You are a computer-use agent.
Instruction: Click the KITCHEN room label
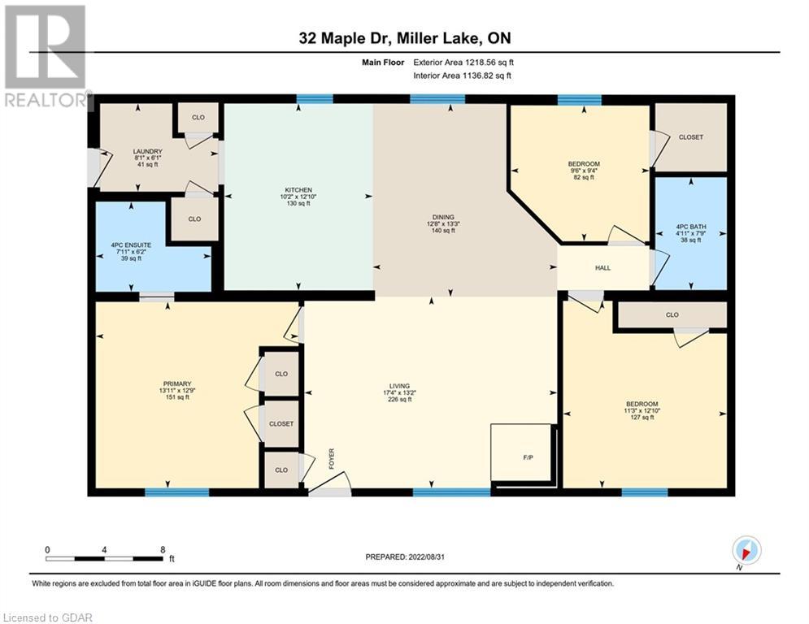coord(298,190)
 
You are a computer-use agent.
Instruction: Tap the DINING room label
coord(443,217)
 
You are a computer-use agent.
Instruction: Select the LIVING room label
coord(399,386)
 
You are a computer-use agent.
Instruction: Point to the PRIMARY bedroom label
coord(177,383)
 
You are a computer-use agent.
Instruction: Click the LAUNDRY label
coord(147,152)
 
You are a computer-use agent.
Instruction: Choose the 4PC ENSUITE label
coord(131,245)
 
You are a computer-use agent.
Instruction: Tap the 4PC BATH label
coord(691,227)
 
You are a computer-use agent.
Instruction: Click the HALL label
coord(602,267)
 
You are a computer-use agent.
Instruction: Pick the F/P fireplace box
coord(521,453)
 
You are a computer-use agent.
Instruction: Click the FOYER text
coord(332,458)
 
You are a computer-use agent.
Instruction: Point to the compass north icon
coord(746,551)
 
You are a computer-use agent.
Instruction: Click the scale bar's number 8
coord(163,550)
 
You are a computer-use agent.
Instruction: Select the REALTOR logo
coord(45,56)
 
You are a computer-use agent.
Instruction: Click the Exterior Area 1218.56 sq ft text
coord(463,63)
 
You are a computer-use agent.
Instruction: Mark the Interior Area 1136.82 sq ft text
coord(463,76)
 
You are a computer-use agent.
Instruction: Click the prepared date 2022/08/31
coord(426,557)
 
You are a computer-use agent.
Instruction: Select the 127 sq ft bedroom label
coord(642,417)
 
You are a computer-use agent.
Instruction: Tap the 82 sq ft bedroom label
coord(584,177)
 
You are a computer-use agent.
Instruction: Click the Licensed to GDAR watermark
coord(47,617)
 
